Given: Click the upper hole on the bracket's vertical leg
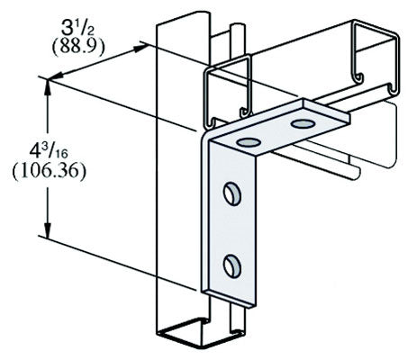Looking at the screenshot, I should point(231,193).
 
